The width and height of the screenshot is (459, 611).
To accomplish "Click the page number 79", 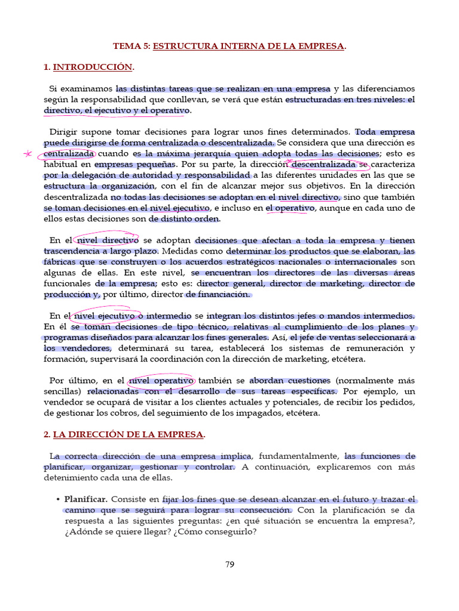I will tap(229, 566).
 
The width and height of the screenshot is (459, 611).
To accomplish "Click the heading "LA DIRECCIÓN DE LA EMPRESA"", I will tap(128, 434).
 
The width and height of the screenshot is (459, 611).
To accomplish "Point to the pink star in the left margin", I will tap(27, 154).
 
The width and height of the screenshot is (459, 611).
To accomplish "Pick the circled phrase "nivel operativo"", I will tap(161, 380).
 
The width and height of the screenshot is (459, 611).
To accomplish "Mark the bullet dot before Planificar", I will tap(57, 499).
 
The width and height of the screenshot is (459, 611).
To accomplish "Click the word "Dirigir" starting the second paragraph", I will tap(63, 132).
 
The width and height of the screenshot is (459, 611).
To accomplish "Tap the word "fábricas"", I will tap(60, 262).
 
